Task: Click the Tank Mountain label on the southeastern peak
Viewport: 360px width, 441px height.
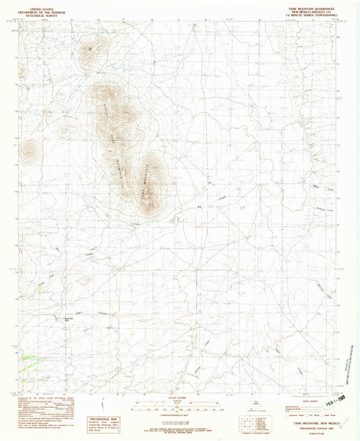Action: [x=149, y=184]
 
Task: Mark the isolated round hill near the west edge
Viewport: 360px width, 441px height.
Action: [x=28, y=154]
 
